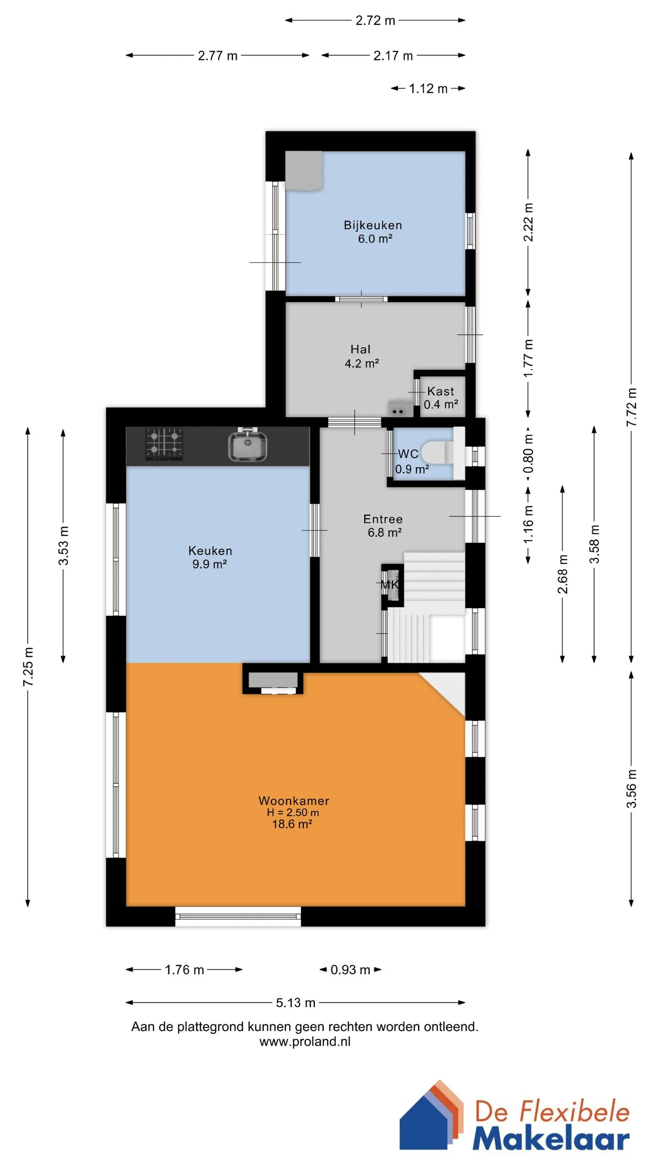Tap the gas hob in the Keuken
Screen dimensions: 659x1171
[164, 444]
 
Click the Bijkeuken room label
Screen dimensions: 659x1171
[373, 225]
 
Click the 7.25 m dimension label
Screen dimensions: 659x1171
[28, 666]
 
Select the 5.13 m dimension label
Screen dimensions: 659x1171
[296, 1003]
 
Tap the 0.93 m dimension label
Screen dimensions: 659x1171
[350, 969]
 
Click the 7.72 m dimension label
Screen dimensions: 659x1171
[631, 407]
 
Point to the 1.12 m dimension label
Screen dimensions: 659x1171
[428, 88]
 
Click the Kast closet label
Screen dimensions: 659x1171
[441, 391]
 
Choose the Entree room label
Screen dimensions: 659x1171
[383, 519]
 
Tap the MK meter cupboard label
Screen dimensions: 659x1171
[390, 584]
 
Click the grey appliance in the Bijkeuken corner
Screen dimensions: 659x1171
[304, 170]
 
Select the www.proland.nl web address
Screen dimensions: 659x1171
[305, 1042]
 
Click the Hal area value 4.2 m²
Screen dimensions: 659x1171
[362, 363]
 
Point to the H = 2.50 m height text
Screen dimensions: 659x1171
[293, 812]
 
